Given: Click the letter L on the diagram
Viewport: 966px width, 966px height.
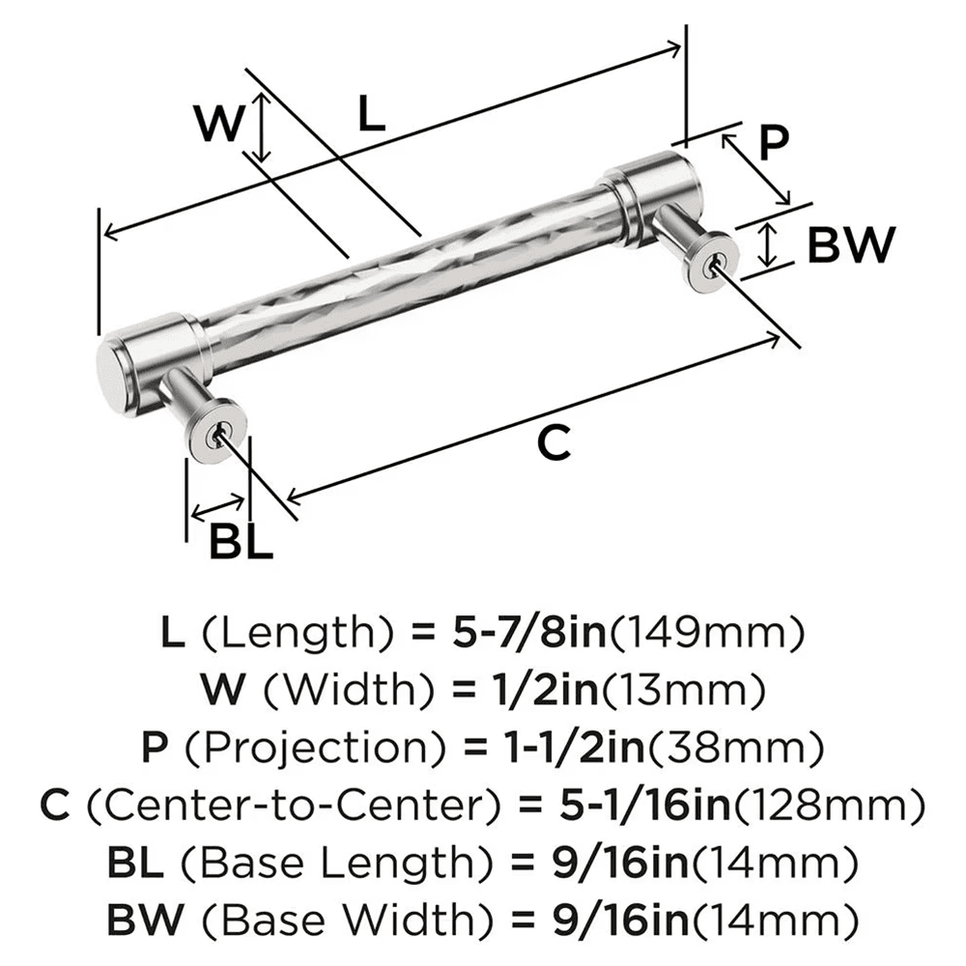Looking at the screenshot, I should click(x=371, y=114).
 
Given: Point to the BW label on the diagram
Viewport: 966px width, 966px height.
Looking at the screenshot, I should click(x=850, y=245).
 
